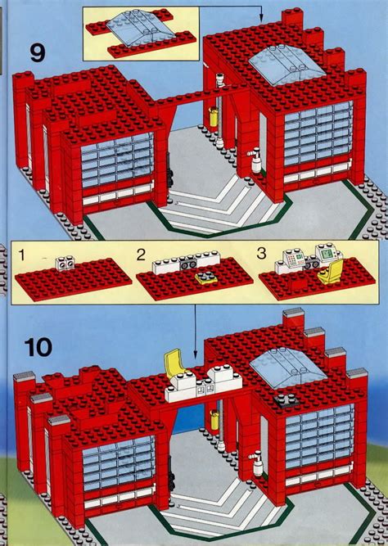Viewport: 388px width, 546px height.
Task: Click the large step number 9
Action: tap(35, 54)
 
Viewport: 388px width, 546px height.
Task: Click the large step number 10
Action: tap(33, 345)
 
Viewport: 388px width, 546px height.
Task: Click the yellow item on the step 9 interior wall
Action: tap(215, 115)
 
